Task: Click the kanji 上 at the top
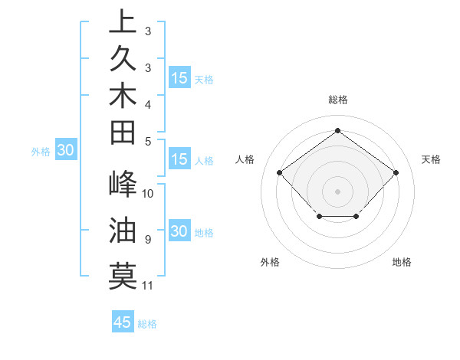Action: (123, 22)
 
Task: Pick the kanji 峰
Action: (123, 185)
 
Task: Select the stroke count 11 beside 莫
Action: (148, 286)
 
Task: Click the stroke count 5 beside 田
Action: (147, 141)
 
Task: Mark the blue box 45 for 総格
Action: (123, 322)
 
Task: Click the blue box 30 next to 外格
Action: (65, 151)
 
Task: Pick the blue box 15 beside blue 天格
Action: (179, 78)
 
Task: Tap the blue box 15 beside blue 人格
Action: (179, 160)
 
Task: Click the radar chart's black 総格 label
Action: (337, 100)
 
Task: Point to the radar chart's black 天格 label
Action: (432, 159)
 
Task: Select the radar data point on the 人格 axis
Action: (280, 172)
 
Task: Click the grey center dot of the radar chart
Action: (337, 191)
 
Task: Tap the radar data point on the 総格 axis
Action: (337, 130)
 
